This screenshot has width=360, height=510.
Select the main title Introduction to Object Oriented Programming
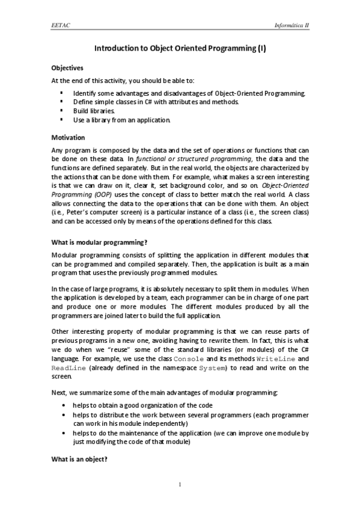(180, 51)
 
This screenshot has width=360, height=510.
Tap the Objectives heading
(67, 67)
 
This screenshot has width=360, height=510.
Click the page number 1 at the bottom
(180, 485)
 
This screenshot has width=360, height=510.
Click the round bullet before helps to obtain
(64, 406)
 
